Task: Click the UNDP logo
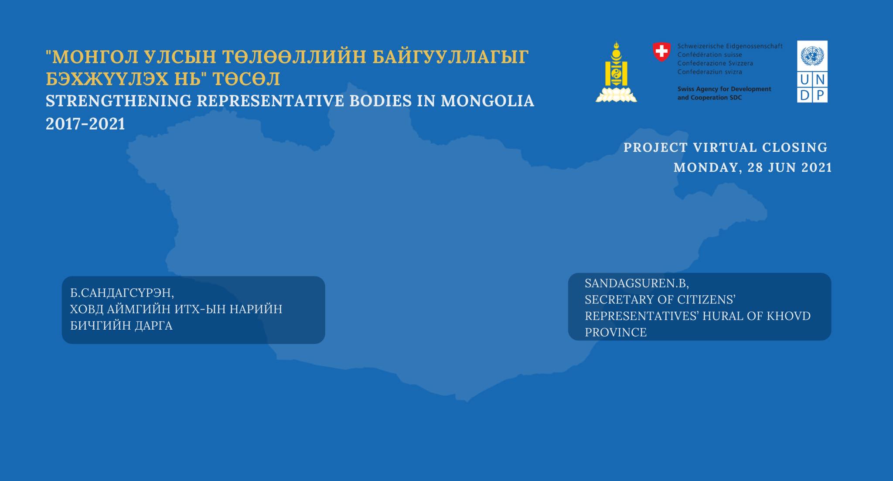point(812,72)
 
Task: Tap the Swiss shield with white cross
point(661,52)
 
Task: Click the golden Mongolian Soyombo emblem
point(616,72)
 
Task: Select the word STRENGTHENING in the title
point(119,101)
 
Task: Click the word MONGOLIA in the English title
point(487,101)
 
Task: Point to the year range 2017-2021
point(85,124)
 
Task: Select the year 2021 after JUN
point(816,167)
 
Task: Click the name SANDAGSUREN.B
point(637,283)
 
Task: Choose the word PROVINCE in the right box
point(616,332)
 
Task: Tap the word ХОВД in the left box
point(87,309)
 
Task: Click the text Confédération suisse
point(709,55)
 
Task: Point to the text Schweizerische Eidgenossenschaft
point(730,46)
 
